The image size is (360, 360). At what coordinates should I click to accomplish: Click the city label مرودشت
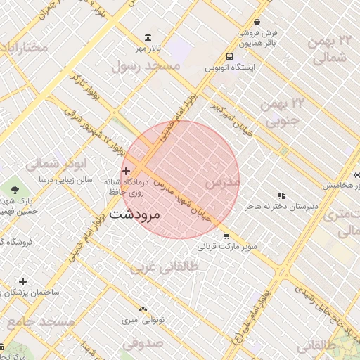136,214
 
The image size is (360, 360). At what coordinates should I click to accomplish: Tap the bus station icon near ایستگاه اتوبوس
230,56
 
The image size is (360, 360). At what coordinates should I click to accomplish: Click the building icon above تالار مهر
147,37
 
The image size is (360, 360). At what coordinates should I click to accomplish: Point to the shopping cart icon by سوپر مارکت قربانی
226,236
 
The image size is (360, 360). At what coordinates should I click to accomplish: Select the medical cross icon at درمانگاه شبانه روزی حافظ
126,171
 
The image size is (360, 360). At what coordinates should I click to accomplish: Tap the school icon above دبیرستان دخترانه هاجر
281,195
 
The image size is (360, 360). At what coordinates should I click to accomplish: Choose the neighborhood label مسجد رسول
147,65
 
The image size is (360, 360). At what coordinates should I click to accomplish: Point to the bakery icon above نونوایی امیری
143,309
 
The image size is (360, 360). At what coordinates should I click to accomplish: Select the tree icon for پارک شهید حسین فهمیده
15,190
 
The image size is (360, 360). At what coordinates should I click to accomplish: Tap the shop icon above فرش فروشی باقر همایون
257,22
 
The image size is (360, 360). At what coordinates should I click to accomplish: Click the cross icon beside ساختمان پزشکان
23,281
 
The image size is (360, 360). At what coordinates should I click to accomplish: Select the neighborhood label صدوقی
142,343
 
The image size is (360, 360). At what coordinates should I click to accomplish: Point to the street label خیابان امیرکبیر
231,117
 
